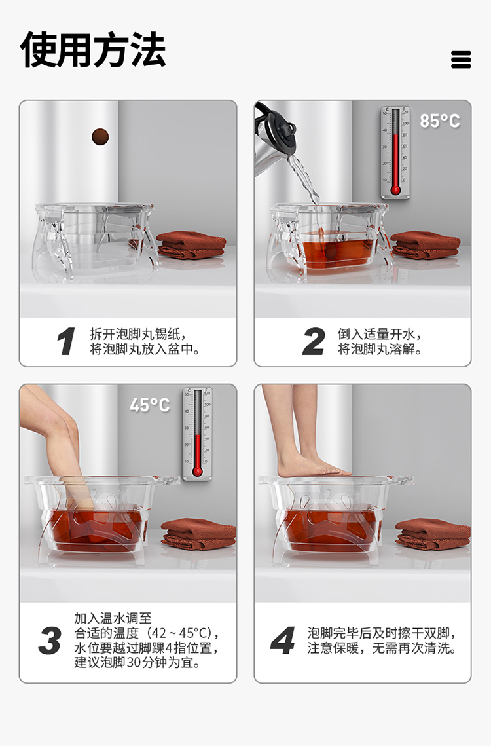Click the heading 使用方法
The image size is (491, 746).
tap(93, 50)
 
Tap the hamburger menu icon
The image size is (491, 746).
tap(461, 60)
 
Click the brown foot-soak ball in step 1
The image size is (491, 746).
tap(100, 136)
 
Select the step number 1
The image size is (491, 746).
tap(65, 342)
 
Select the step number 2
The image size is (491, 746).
tap(314, 342)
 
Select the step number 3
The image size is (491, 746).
tap(50, 641)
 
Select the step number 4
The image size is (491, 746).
tap(282, 641)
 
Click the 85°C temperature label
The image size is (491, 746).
tap(439, 121)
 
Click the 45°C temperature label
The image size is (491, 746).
tap(149, 405)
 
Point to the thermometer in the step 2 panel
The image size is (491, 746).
tap(395, 152)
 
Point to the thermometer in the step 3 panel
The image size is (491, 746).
tap(197, 433)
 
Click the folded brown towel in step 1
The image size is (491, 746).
tap(191, 244)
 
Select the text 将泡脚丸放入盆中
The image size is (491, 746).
tap(145, 350)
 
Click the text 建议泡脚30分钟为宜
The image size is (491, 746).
tap(137, 663)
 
